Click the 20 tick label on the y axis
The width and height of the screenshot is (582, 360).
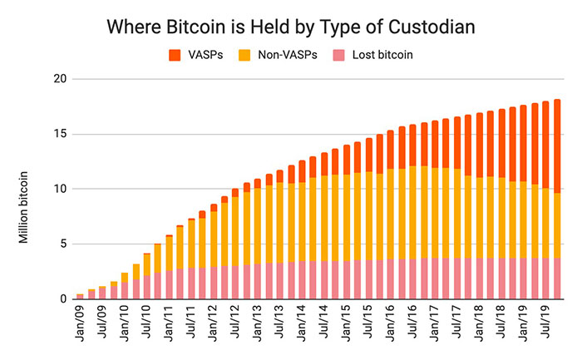[56, 79]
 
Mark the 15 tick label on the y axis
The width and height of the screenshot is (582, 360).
[56, 134]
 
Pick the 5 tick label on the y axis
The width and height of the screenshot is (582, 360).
[59, 244]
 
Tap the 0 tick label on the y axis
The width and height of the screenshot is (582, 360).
[59, 299]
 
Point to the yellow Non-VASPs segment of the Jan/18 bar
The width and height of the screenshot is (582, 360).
[479, 217]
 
